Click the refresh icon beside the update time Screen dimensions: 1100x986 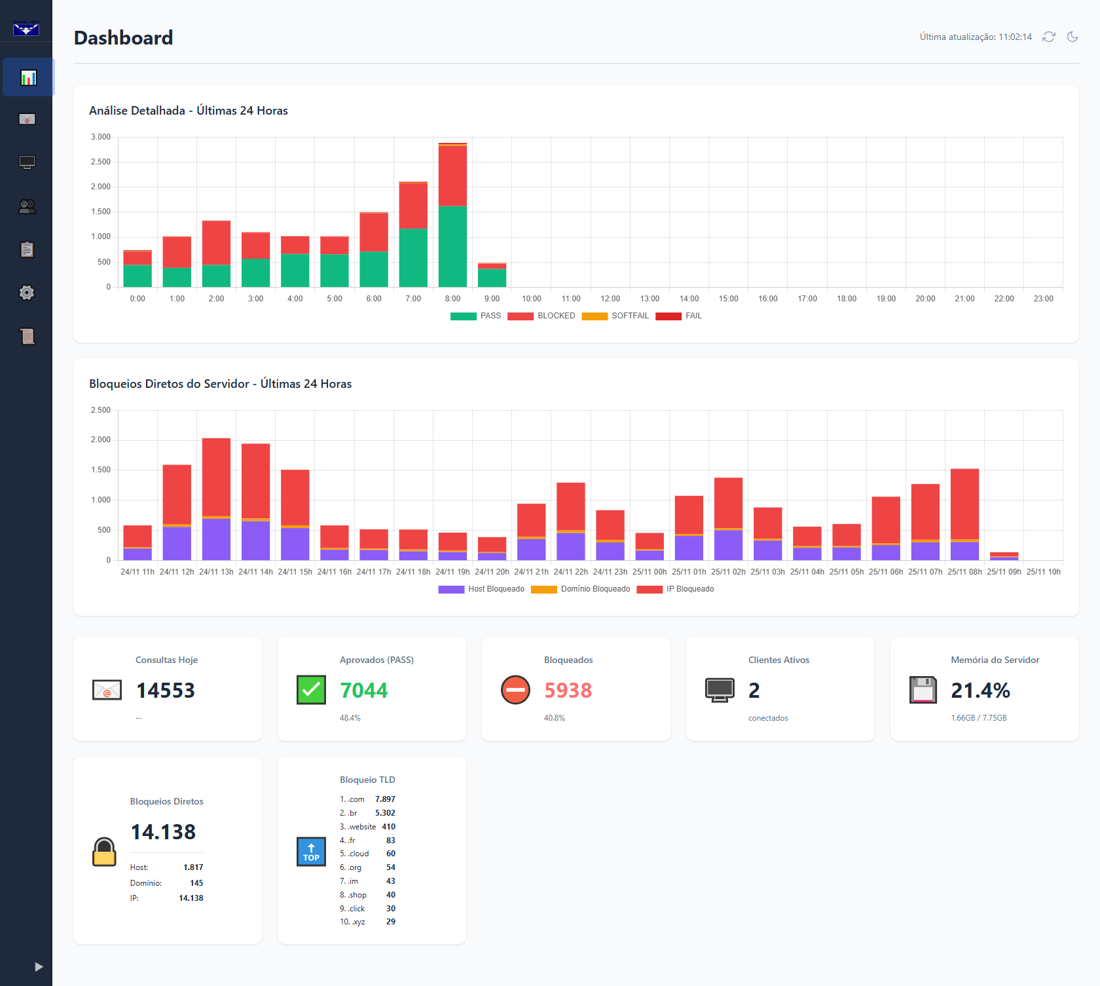tap(1049, 37)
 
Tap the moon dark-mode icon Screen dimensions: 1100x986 tap(1072, 37)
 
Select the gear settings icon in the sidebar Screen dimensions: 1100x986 tap(27, 292)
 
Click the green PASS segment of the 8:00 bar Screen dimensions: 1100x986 tap(452, 246)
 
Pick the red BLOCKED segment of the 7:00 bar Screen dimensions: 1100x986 tap(413, 206)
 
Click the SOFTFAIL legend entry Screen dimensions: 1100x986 tap(615, 316)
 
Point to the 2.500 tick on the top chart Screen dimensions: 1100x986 tap(101, 162)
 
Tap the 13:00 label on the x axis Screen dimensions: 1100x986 tap(650, 299)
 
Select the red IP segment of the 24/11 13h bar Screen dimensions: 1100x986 tap(216, 478)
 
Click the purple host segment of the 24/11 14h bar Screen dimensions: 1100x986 tap(255, 540)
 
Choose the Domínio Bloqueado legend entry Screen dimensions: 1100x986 tap(581, 589)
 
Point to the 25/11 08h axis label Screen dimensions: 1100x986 tap(964, 572)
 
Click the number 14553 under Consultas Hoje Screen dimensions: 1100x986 tap(166, 691)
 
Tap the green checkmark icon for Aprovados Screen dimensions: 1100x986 tap(311, 690)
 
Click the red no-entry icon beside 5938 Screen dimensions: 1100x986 tap(515, 690)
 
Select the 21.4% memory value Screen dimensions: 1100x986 tap(980, 691)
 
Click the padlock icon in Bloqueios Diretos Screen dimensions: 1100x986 tap(104, 852)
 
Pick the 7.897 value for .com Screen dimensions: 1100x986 tap(385, 799)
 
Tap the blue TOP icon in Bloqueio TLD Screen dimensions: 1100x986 tap(311, 852)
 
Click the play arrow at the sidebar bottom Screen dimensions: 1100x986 tap(39, 966)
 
